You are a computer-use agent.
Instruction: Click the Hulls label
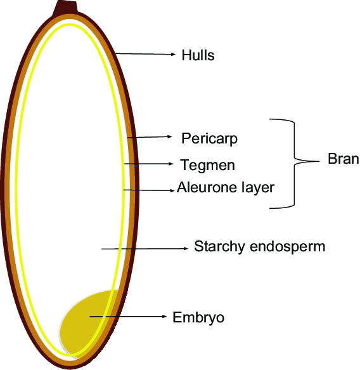[x=198, y=55]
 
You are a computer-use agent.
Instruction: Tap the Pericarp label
[x=209, y=138]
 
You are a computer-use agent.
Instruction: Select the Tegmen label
[x=207, y=165]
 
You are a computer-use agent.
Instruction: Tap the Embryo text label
[x=198, y=317]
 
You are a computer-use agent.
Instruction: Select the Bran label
[x=343, y=159]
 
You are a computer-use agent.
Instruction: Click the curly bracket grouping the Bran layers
[x=293, y=162]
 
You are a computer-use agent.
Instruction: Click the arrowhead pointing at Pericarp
[x=169, y=136]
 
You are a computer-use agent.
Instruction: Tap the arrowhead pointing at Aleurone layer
[x=172, y=189]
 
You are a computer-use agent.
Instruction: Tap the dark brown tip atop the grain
[x=66, y=8]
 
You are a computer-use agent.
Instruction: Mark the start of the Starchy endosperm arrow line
[x=102, y=249]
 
